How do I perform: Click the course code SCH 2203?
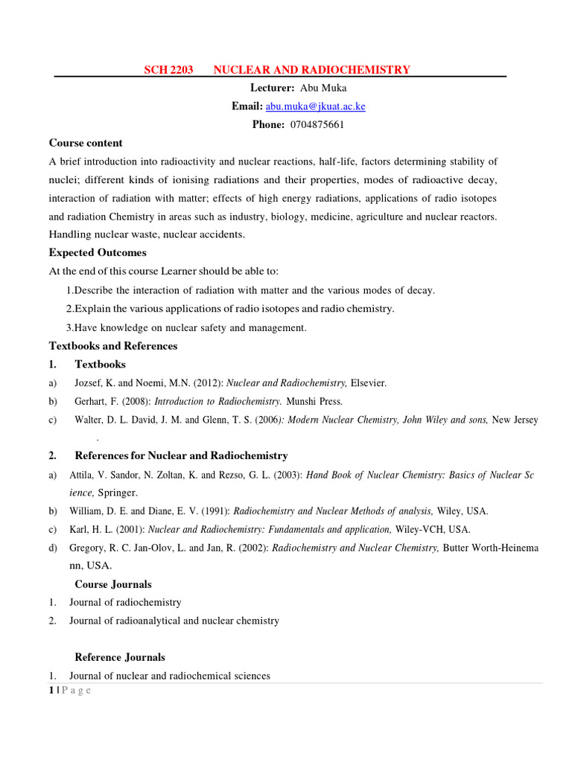tap(168, 70)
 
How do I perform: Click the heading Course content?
tap(86, 143)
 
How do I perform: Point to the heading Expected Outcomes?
tap(98, 253)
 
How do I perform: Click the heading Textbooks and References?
tap(113, 346)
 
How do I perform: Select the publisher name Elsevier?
tap(369, 383)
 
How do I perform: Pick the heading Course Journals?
tap(113, 584)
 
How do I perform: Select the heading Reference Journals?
tap(120, 657)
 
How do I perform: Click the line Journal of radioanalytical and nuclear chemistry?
tap(174, 621)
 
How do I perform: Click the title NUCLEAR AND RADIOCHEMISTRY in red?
tap(311, 70)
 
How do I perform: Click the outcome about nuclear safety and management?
tap(186, 327)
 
